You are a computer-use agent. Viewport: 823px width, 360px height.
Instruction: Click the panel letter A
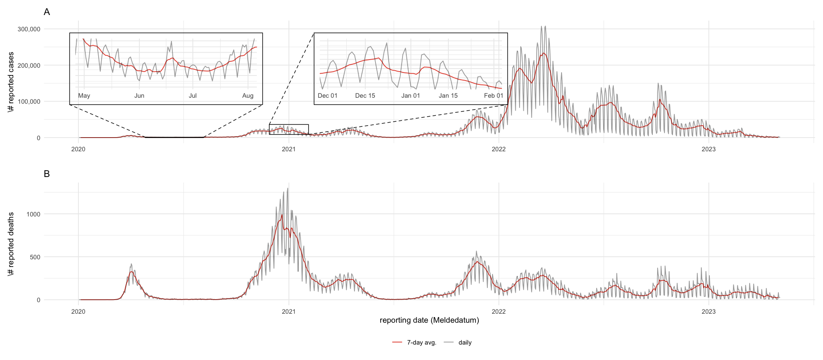pos(47,12)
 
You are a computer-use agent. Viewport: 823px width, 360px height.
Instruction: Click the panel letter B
pos(47,174)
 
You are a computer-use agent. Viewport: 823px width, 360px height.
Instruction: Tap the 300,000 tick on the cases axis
pos(29,29)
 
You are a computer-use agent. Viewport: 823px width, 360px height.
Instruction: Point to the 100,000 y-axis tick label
pos(29,102)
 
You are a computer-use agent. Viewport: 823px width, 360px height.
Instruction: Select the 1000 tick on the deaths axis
pos(33,214)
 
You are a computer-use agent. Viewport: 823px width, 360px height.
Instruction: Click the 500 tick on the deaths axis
pos(35,257)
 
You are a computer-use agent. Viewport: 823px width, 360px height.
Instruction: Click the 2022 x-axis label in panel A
pos(499,149)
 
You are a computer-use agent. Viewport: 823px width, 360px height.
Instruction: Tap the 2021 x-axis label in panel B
pos(288,312)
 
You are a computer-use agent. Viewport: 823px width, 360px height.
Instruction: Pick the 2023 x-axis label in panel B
pos(709,312)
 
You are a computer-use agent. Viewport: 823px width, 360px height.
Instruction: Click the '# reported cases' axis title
pos(11,82)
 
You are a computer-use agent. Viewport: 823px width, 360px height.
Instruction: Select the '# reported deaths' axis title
pos(11,243)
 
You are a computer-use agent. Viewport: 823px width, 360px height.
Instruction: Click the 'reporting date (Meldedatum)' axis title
pos(429,320)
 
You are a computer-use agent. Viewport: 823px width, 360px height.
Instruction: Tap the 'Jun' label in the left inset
pos(139,96)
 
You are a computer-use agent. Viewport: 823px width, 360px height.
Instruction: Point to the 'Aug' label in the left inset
pos(248,96)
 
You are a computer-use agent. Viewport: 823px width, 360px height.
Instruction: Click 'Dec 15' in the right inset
pos(365,96)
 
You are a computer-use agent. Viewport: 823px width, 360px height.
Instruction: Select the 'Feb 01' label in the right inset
pos(493,96)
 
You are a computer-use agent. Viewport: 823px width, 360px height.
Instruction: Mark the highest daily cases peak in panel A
pos(541,27)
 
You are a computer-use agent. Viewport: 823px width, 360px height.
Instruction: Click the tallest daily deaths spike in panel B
pos(288,188)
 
